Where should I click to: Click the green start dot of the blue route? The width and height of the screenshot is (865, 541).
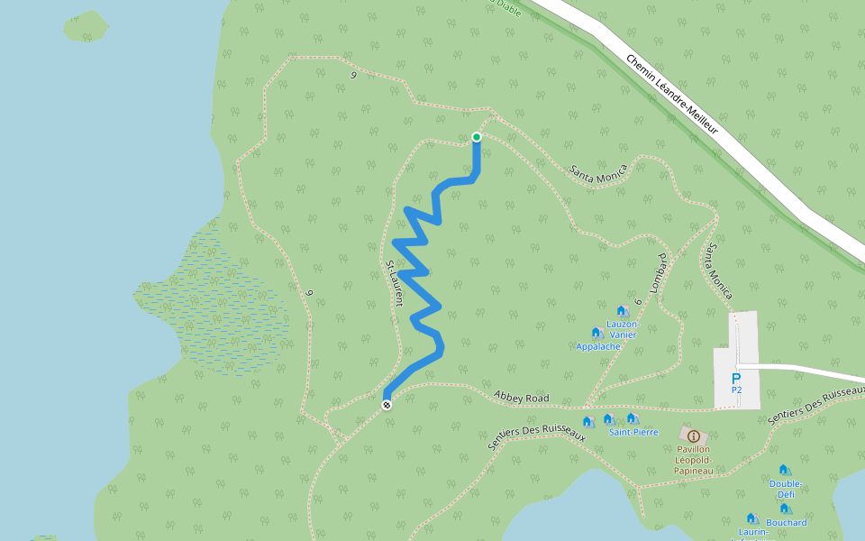click(x=477, y=137)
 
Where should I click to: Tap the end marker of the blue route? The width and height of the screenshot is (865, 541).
click(x=387, y=404)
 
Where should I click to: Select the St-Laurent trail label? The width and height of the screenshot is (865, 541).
click(x=393, y=283)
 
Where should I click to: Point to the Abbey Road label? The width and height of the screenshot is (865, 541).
click(x=522, y=397)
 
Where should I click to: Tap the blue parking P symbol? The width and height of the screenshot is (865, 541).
click(x=736, y=379)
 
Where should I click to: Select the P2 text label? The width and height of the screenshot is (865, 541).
click(x=736, y=391)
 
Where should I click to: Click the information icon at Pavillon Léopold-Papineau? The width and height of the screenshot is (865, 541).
click(x=693, y=436)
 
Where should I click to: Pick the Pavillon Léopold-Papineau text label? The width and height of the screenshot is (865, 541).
click(x=692, y=459)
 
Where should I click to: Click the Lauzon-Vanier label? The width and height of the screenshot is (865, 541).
click(x=622, y=329)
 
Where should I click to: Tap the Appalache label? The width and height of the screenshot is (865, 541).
click(x=598, y=345)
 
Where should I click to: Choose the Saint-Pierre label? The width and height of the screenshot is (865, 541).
click(x=633, y=432)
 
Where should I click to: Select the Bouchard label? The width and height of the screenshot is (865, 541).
click(x=786, y=522)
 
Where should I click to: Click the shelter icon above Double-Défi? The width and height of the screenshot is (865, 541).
click(x=783, y=470)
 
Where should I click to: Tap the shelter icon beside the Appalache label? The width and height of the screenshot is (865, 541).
click(x=596, y=332)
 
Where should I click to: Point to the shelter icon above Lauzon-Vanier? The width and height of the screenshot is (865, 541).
click(x=621, y=311)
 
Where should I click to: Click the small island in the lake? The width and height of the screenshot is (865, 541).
click(x=86, y=25)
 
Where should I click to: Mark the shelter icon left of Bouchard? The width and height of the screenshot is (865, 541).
click(x=751, y=518)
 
